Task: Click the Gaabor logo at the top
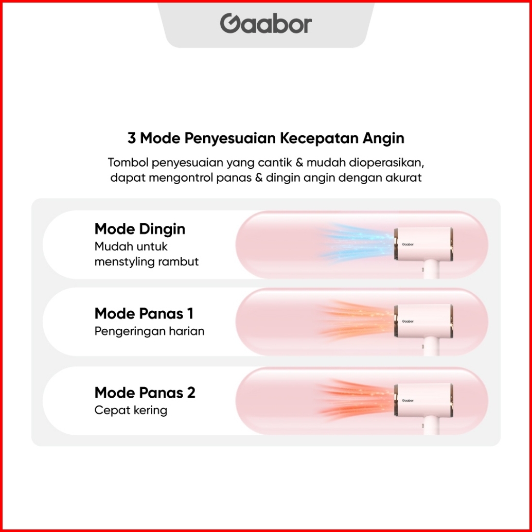pos(265,24)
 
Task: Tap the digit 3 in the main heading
pos(131,138)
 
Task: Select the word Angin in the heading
pos(383,138)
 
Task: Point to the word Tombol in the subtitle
pos(128,163)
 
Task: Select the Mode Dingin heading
pos(140,229)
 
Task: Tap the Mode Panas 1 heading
pos(144,313)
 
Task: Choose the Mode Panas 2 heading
pos(145,393)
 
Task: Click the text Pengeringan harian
pos(149,331)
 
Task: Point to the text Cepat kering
pos(131,410)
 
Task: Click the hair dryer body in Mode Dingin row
pos(423,244)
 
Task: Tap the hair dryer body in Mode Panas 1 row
pos(423,321)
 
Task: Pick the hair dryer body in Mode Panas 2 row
pos(423,400)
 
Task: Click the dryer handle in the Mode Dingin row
pos(431,270)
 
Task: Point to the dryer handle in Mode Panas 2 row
pos(431,426)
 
